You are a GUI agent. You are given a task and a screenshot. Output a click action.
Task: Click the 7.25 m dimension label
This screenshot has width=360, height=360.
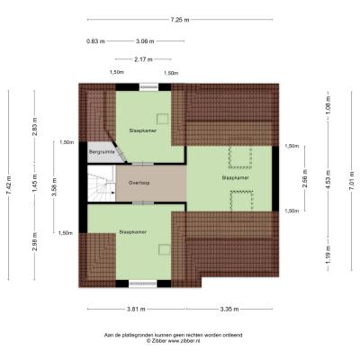click(180, 20)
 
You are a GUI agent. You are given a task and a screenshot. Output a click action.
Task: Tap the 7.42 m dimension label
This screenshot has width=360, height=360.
click(8, 185)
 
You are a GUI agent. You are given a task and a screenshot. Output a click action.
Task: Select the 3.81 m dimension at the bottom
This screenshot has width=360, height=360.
click(136, 309)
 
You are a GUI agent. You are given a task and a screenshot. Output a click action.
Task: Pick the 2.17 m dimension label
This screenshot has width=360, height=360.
click(144, 59)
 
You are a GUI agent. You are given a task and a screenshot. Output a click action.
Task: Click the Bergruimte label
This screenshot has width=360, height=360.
click(102, 152)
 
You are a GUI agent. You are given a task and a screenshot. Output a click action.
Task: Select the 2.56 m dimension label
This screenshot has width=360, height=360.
click(305, 178)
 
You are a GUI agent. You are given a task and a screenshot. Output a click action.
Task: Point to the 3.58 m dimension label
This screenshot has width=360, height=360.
click(54, 187)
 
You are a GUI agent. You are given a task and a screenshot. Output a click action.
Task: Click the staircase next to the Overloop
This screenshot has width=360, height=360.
click(102, 184)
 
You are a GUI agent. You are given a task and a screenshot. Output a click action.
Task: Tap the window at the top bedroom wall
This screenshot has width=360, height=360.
click(148, 87)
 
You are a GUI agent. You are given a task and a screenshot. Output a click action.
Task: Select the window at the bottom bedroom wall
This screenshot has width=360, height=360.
click(143, 283)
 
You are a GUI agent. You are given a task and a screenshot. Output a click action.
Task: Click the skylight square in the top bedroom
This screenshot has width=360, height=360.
click(163, 119)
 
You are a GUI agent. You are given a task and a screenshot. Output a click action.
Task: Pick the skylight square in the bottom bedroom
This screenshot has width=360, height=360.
click(165, 249)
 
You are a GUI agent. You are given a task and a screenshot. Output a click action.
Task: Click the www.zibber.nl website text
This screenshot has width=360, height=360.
click(184, 341)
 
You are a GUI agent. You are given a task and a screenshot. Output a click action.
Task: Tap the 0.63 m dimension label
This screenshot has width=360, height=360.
click(95, 41)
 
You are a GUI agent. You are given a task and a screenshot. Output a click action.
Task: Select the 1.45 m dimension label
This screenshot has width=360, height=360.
click(35, 184)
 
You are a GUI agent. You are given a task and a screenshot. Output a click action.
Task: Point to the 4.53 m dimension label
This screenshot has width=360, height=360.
click(328, 179)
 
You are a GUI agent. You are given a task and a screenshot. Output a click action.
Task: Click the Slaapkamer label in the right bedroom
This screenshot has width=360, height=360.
click(236, 177)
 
